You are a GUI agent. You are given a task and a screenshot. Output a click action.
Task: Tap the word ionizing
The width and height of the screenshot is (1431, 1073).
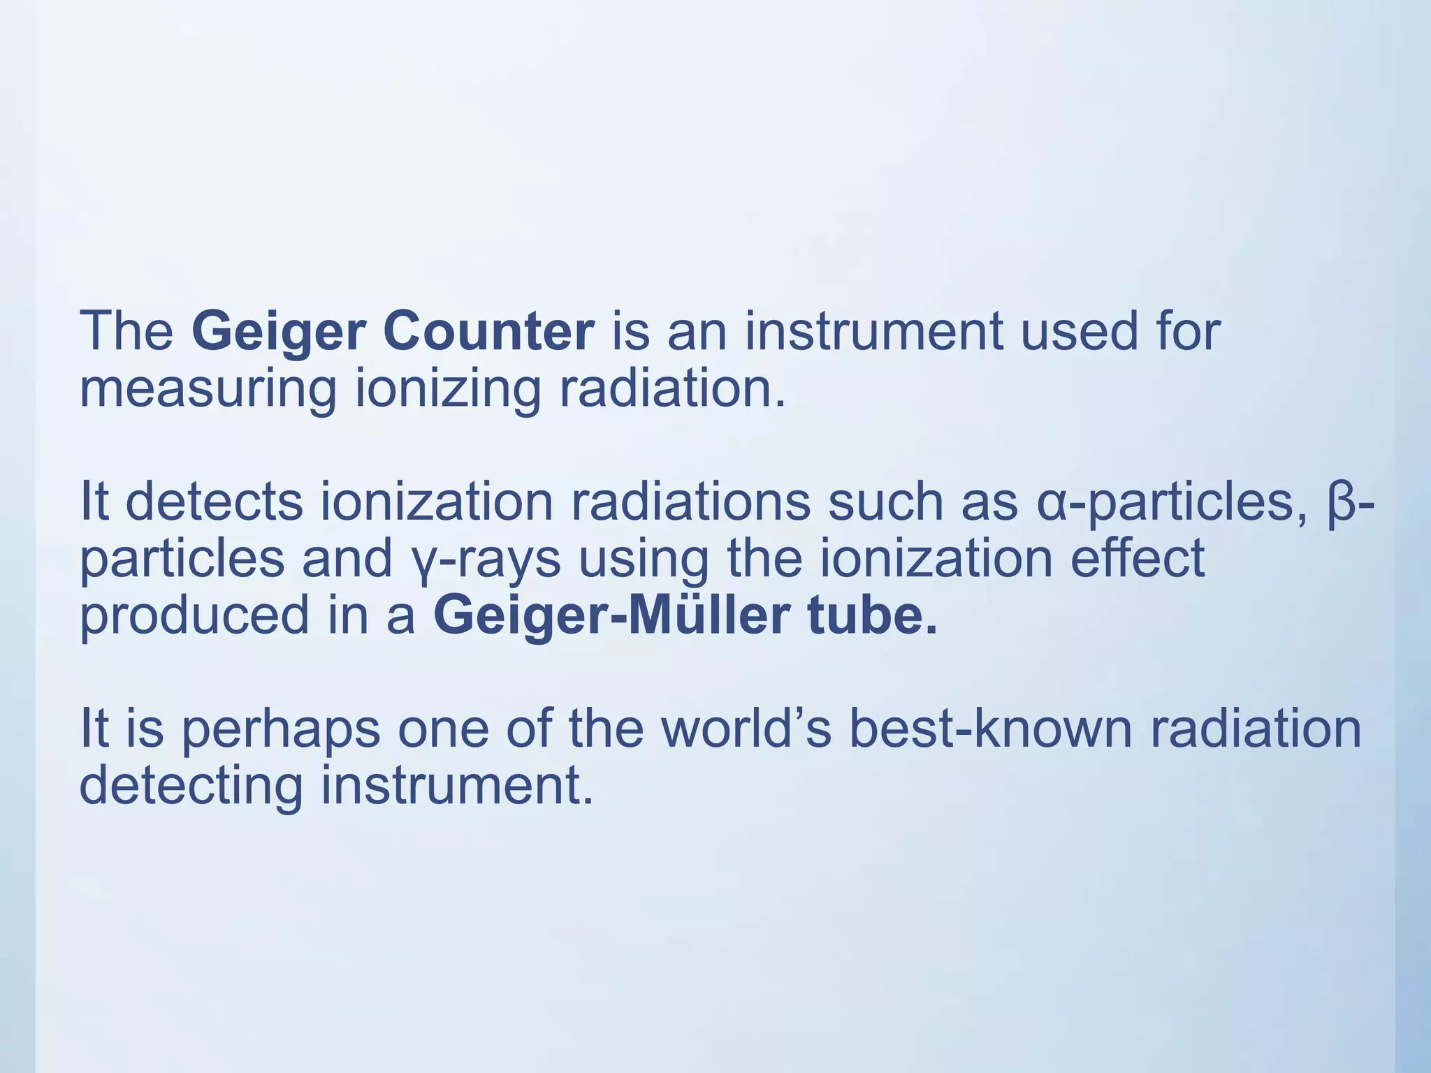point(448,390)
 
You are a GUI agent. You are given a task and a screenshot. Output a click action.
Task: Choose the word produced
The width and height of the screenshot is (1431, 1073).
point(194,616)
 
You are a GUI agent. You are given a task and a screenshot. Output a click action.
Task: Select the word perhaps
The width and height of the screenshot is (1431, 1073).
point(280,731)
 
